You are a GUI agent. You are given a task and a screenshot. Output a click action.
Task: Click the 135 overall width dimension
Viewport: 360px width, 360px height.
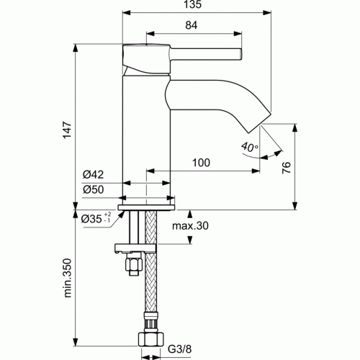[x=189, y=4]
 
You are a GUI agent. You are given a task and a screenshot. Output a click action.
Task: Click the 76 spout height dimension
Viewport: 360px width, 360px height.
[x=286, y=168]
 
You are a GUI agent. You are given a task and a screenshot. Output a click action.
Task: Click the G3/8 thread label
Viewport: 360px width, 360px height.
[x=180, y=351]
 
